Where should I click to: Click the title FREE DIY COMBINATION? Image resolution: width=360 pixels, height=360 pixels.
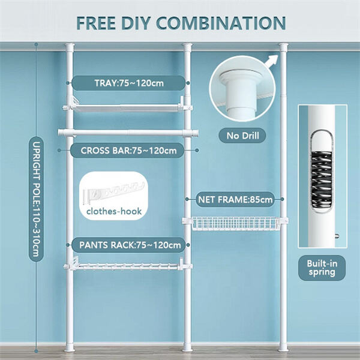click(180, 22)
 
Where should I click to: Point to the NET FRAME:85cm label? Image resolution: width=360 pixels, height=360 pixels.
click(235, 197)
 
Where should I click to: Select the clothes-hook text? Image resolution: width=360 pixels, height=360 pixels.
click(113, 211)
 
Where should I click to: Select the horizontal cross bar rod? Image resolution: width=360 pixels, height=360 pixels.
click(127, 132)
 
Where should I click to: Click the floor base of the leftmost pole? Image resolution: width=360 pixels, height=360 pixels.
click(70, 347)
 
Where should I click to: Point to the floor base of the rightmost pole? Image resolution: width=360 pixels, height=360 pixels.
click(283, 347)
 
